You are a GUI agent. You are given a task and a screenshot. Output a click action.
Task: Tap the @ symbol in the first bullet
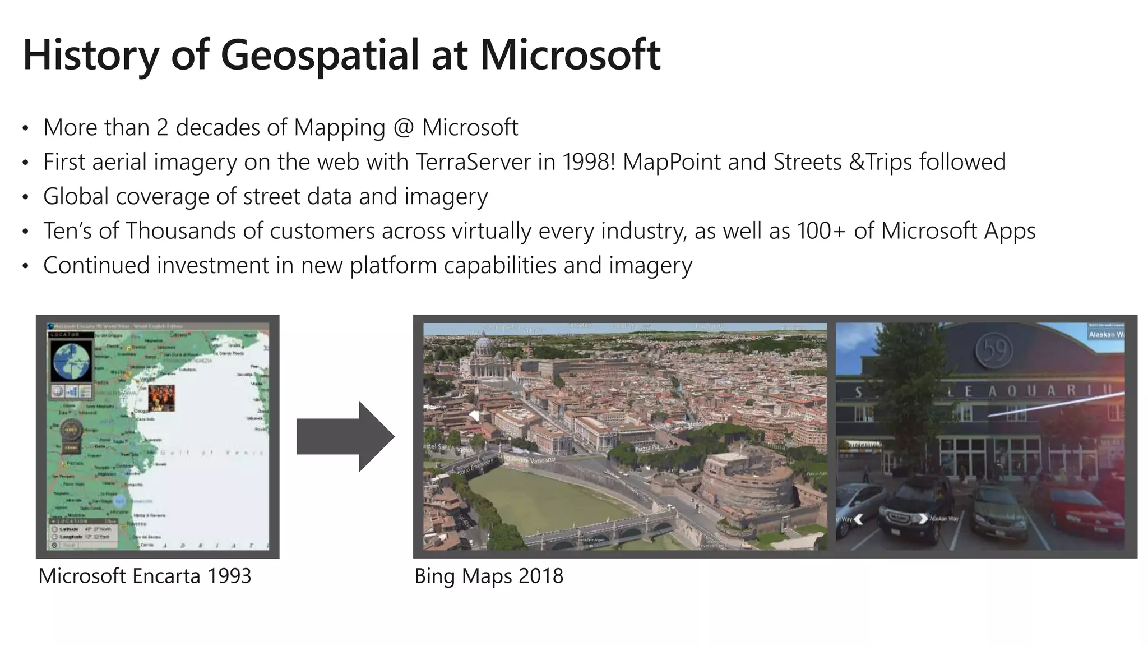(x=403, y=128)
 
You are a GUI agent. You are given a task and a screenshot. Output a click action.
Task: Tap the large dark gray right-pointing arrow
(x=345, y=436)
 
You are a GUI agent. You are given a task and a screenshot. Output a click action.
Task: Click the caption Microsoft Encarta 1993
(x=145, y=576)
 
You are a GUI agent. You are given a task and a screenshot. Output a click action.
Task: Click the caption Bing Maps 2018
(x=488, y=576)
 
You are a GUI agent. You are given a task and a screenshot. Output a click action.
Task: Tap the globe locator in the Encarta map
(x=72, y=362)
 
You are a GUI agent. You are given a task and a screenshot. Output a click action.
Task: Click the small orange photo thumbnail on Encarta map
(x=161, y=398)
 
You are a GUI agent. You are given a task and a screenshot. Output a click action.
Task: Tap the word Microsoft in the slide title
(x=570, y=56)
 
